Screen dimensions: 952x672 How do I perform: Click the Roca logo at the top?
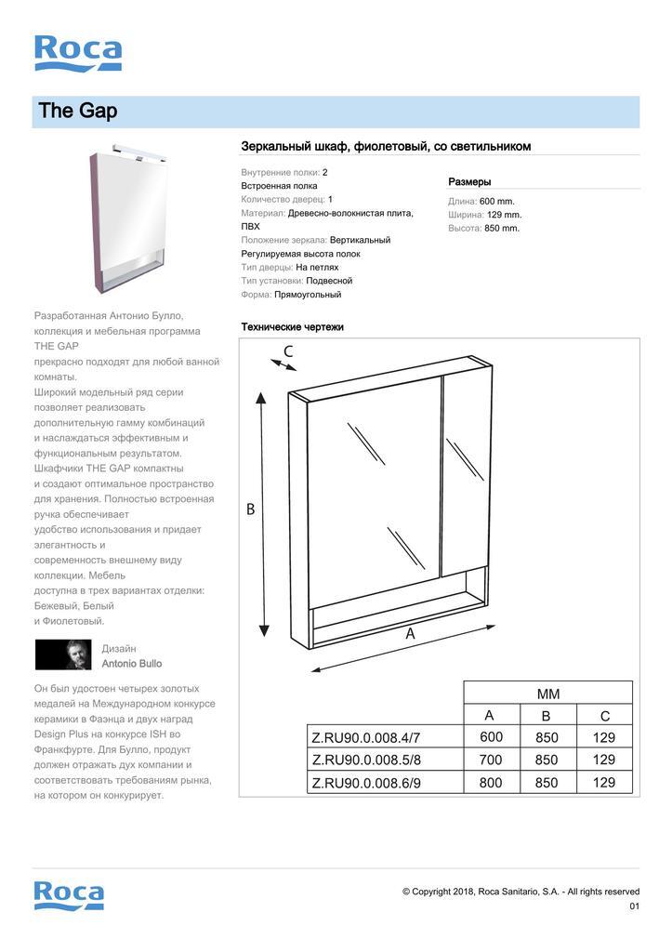[x=78, y=53]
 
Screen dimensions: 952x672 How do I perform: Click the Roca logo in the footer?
[x=69, y=895]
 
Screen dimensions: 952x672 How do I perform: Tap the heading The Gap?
[x=78, y=112]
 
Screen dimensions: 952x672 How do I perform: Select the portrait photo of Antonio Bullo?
[x=63, y=654]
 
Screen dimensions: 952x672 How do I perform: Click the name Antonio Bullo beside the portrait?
[x=131, y=664]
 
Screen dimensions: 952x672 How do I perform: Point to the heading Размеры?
[x=469, y=182]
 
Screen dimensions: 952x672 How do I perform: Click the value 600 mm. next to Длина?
[x=496, y=201]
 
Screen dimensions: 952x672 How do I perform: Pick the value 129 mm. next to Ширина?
[x=503, y=215]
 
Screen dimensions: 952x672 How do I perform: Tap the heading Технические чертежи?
[x=292, y=327]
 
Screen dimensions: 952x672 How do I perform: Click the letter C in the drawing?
[x=288, y=351]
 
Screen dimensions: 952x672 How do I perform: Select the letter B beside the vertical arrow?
[x=250, y=509]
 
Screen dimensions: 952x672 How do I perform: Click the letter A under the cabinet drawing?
[x=410, y=633]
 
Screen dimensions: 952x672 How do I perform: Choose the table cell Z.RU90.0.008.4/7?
[x=366, y=738]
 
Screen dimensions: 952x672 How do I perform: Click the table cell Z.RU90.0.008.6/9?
[x=366, y=783]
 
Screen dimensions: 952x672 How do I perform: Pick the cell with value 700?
[x=491, y=760]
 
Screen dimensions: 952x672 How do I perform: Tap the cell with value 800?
[x=491, y=783]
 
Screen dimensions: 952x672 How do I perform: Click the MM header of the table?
[x=547, y=694]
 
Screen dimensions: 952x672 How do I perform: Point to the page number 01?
[x=635, y=906]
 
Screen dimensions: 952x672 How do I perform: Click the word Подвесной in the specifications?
[x=329, y=281]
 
